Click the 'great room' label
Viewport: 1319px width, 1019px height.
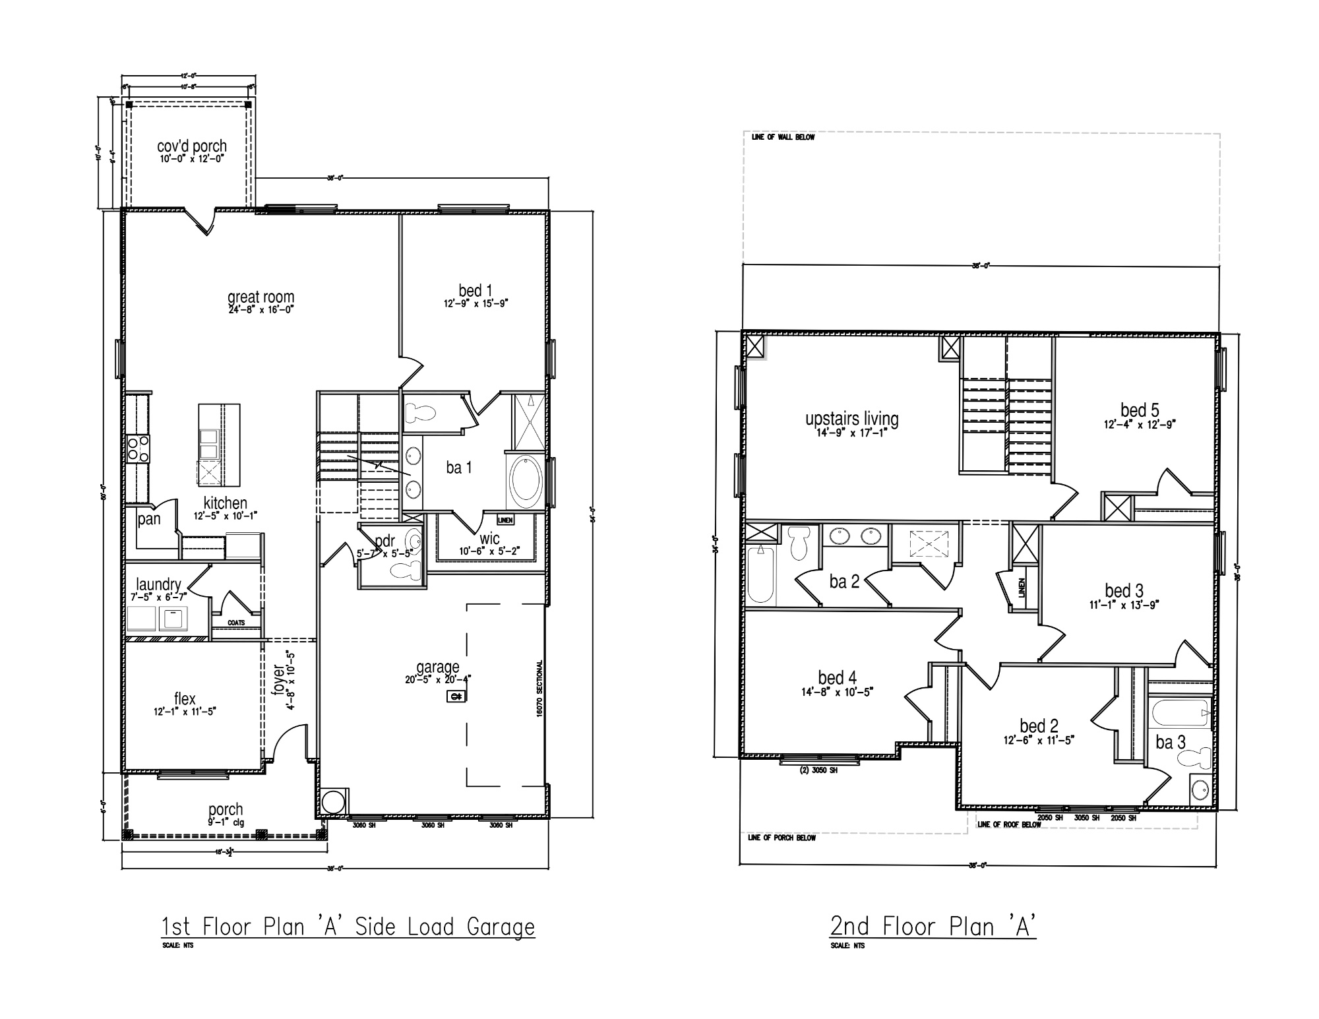[x=261, y=297]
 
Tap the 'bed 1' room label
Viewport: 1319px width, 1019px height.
[x=475, y=290]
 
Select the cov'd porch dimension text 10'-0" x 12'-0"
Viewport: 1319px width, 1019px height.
[x=192, y=159]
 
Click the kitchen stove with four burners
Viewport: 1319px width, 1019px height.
[x=138, y=448]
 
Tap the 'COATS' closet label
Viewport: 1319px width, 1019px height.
[x=236, y=623]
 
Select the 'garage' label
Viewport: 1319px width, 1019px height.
[x=437, y=667]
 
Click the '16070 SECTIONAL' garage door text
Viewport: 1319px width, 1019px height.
[x=539, y=689]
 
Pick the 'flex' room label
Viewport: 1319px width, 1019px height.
[x=185, y=699]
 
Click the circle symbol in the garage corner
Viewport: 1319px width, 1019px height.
[x=334, y=802]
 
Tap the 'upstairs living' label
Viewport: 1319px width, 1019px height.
[x=851, y=418]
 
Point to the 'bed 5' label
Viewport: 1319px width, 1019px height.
[x=1140, y=410]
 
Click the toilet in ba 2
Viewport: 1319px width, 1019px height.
[x=800, y=542]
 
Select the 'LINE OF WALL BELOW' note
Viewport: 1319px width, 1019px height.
[x=783, y=137]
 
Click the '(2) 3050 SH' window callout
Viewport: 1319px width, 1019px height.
[x=818, y=770]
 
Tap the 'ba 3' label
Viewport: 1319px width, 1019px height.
[x=1171, y=743]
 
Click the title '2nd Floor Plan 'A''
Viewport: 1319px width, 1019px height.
[x=933, y=926]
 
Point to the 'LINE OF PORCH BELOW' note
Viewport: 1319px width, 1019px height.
[x=782, y=838]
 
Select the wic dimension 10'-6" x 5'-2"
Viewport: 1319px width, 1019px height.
[x=489, y=551]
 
